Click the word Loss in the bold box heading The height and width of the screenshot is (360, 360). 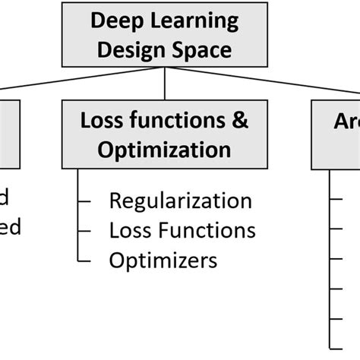pyautogui.click(x=101, y=119)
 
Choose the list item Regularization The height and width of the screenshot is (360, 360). pyautogui.click(x=180, y=201)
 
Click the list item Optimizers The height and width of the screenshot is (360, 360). pyautogui.click(x=163, y=260)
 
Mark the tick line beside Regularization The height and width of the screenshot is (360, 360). pyautogui.click(x=86, y=201)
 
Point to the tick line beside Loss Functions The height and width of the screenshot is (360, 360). pyautogui.click(x=86, y=230)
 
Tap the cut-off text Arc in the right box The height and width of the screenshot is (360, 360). pyautogui.click(x=346, y=122)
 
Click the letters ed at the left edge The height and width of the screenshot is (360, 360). pyautogui.click(x=9, y=226)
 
